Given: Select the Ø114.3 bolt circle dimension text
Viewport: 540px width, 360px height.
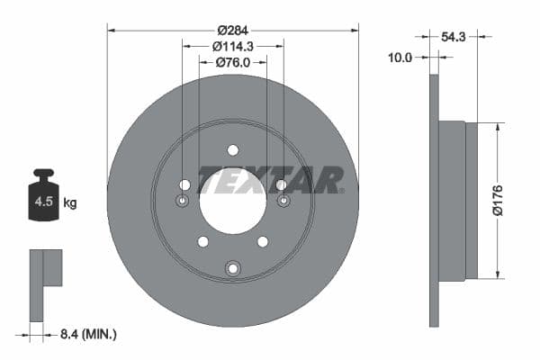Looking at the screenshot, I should click(232, 45).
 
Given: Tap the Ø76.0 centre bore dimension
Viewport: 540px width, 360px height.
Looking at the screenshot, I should click(232, 62).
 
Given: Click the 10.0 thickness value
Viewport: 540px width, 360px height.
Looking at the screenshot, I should click(399, 58).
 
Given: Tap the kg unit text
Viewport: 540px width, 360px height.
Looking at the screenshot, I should click(70, 203).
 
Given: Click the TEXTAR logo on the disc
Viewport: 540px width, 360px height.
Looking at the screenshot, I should click(269, 180).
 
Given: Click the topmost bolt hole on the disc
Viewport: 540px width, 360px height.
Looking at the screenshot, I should click(232, 149).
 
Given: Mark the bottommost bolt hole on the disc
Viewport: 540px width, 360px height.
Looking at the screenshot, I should click(233, 267).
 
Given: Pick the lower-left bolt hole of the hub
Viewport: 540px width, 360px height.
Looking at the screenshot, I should click(202, 241).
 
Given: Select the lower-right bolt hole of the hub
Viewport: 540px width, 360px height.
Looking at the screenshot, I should click(263, 241).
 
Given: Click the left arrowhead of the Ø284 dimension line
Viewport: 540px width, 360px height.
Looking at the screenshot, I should click(111, 29).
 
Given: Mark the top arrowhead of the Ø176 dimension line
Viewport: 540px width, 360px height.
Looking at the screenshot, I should click(496, 126).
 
